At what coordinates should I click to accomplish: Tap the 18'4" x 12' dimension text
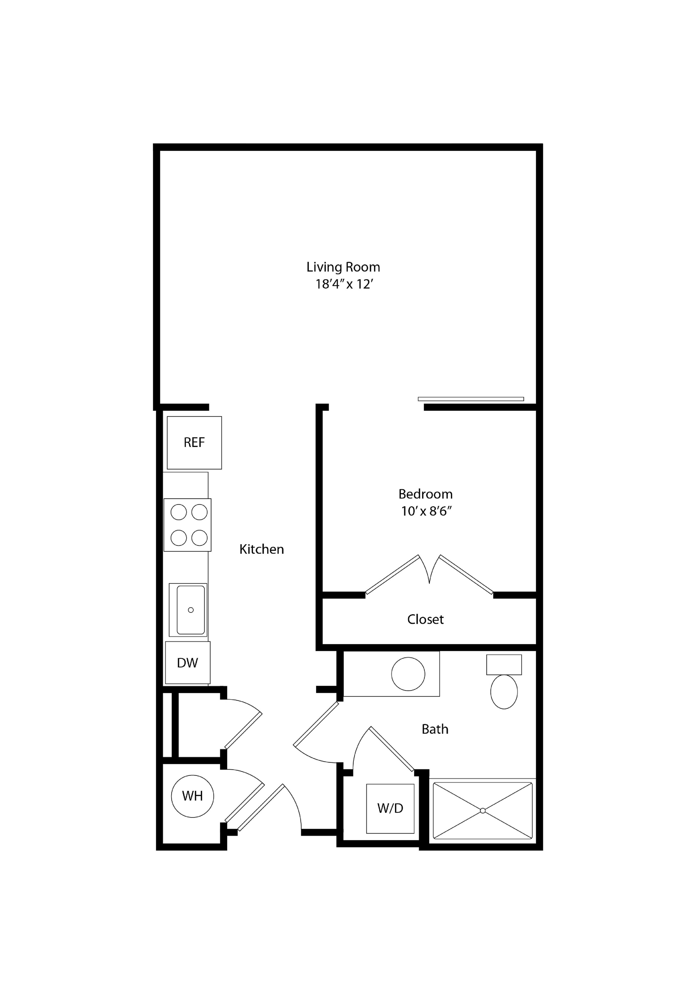point(344,285)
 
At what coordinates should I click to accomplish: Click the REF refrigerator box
point(194,443)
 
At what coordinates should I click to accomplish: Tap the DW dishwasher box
point(187,662)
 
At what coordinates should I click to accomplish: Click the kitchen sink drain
point(191,610)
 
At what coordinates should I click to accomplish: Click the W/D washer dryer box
point(390,808)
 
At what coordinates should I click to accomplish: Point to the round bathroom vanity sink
point(408,674)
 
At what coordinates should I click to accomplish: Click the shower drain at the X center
point(482,811)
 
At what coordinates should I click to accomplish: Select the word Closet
point(425,619)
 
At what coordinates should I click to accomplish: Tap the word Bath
point(435,729)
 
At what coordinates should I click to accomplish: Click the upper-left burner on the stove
point(179,512)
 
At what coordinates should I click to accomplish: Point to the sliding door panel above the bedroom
point(471,399)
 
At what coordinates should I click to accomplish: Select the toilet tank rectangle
point(504,664)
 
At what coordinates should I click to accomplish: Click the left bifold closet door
point(392,574)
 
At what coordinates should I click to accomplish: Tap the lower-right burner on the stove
point(200,538)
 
